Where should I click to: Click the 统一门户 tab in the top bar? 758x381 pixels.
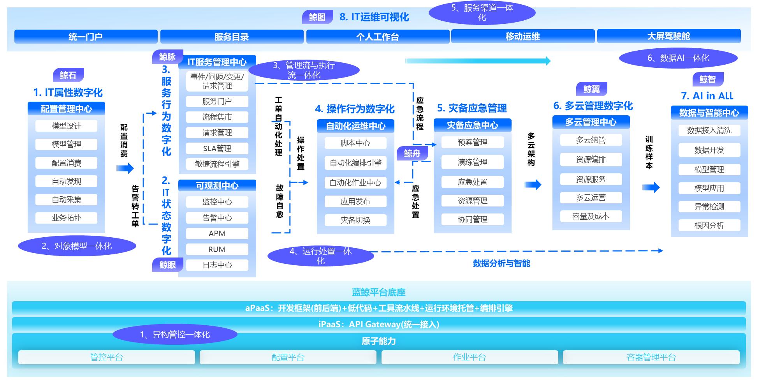pyautogui.click(x=86, y=37)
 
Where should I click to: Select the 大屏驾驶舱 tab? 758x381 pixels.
pyautogui.click(x=668, y=36)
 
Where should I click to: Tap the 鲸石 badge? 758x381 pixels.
pyautogui.click(x=68, y=75)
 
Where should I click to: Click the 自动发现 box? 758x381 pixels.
pyautogui.click(x=66, y=181)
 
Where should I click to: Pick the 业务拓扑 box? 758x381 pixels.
pyautogui.click(x=66, y=218)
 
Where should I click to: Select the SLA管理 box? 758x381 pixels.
pyautogui.click(x=217, y=148)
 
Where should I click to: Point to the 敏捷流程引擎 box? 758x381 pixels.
pyautogui.click(x=217, y=164)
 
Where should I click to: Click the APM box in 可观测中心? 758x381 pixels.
pyautogui.click(x=217, y=233)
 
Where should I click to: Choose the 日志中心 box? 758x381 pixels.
pyautogui.click(x=217, y=265)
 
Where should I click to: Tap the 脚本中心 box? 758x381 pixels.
pyautogui.click(x=355, y=143)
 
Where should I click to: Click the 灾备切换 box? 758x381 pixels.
pyautogui.click(x=355, y=220)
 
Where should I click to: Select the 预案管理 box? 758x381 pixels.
pyautogui.click(x=472, y=143)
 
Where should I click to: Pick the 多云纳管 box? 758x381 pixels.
pyautogui.click(x=591, y=140)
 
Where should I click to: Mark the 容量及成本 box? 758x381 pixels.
pyautogui.click(x=591, y=216)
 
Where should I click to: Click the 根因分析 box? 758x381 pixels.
pyautogui.click(x=709, y=225)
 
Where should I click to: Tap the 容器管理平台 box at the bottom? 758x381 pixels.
pyautogui.click(x=651, y=357)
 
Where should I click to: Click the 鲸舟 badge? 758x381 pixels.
pyautogui.click(x=412, y=153)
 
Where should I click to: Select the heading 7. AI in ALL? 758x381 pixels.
pyautogui.click(x=707, y=96)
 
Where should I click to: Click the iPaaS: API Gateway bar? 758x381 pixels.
pyautogui.click(x=378, y=324)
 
